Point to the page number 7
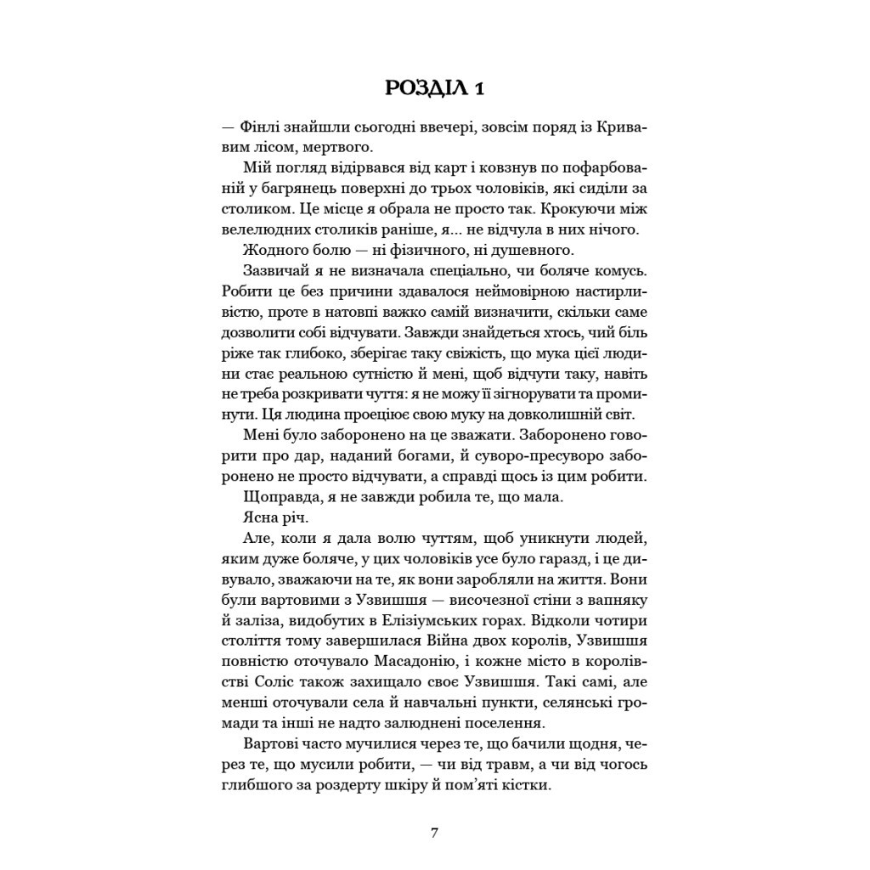click(x=434, y=833)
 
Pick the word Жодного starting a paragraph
click(x=271, y=250)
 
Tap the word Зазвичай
click(x=275, y=270)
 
